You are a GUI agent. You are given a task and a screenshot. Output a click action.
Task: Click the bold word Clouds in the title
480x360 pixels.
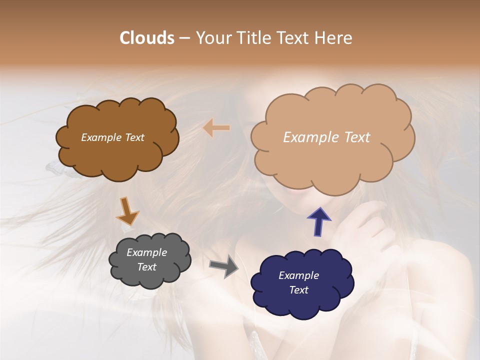pos(147,38)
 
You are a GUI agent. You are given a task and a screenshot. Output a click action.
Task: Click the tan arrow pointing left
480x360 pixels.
pos(216,128)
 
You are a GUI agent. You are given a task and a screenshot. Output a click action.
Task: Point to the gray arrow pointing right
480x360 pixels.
pos(223,266)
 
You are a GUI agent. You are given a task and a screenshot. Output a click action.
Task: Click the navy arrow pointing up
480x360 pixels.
pos(318,221)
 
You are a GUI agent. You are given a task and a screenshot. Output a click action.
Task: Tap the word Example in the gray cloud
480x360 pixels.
pos(147,252)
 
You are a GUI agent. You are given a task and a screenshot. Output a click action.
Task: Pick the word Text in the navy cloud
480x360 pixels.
pos(298,290)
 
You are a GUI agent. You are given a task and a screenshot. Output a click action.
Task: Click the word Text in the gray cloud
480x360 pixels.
pos(147,267)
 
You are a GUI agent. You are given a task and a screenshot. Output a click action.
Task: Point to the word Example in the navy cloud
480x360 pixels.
pos(298,275)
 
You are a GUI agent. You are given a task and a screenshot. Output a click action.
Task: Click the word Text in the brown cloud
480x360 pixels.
pos(134,137)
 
